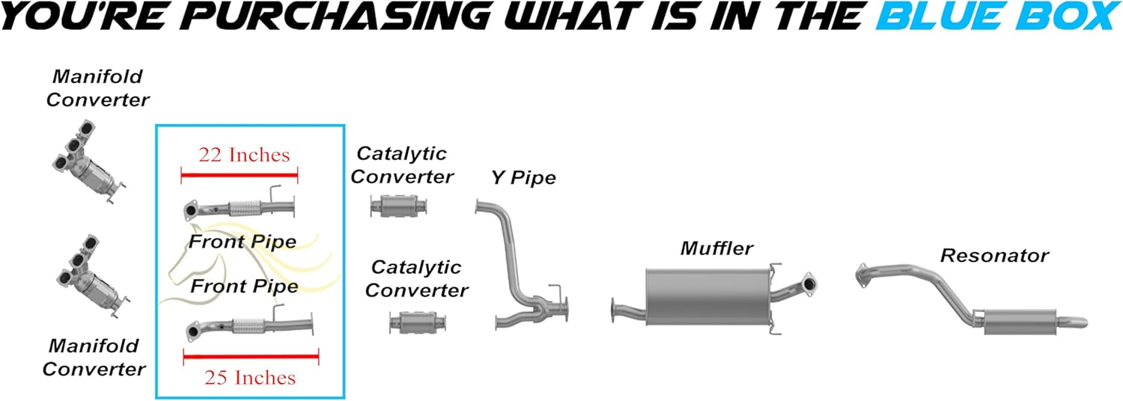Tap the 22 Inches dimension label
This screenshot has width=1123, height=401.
coord(243,155)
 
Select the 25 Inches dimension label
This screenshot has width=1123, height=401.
coord(250,378)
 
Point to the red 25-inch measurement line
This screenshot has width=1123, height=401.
coord(251,358)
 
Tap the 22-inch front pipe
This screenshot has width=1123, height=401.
coord(240,208)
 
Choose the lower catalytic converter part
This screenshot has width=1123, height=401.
coord(420,323)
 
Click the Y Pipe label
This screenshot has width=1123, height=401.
coord(523,178)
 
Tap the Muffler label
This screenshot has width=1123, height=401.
coord(716,248)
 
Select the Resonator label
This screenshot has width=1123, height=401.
coord(993,256)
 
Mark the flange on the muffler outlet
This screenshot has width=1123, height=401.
coord(808,284)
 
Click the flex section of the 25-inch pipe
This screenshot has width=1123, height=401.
coord(248,325)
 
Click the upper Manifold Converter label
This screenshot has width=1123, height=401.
coord(97,88)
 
